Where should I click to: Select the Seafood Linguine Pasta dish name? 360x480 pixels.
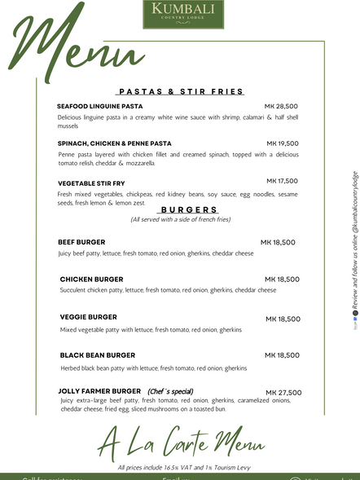(x=99, y=107)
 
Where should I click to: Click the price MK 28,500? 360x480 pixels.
(x=281, y=107)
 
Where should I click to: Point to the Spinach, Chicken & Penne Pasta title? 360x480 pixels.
(x=115, y=143)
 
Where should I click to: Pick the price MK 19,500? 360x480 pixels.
(x=282, y=143)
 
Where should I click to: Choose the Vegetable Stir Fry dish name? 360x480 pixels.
(x=91, y=183)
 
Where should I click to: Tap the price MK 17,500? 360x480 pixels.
(x=282, y=181)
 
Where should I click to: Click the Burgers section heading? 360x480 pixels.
(x=188, y=209)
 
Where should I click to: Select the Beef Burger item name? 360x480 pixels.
(x=81, y=242)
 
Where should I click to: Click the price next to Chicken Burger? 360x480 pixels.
(x=283, y=280)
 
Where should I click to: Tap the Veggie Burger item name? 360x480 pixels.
(x=88, y=316)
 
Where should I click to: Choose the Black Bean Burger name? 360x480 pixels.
(x=98, y=355)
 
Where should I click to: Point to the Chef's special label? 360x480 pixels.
(x=170, y=391)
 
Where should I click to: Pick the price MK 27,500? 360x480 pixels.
(x=283, y=392)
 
